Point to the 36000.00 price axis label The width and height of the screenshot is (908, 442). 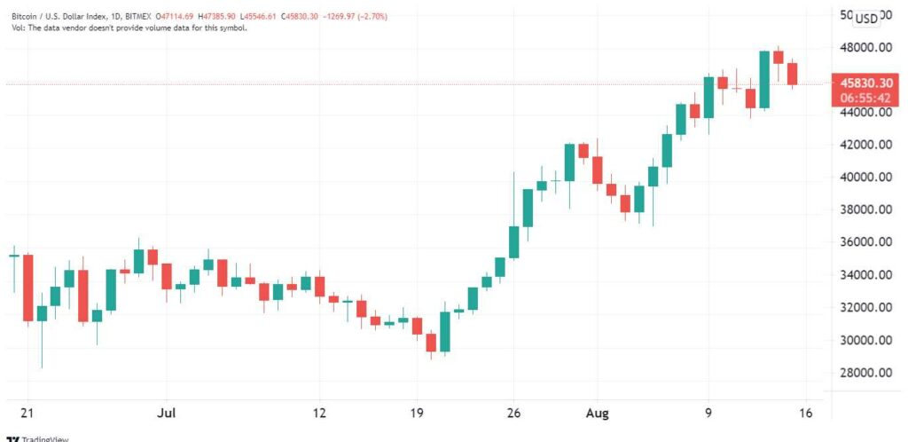861,242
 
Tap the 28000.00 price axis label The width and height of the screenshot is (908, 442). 861,373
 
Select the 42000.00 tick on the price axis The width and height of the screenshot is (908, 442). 861,145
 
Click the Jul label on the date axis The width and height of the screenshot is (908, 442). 166,413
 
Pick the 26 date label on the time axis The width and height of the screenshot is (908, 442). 513,413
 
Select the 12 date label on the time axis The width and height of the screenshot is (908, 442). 319,413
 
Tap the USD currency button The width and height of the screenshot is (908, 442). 865,19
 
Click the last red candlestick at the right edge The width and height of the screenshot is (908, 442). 793,75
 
